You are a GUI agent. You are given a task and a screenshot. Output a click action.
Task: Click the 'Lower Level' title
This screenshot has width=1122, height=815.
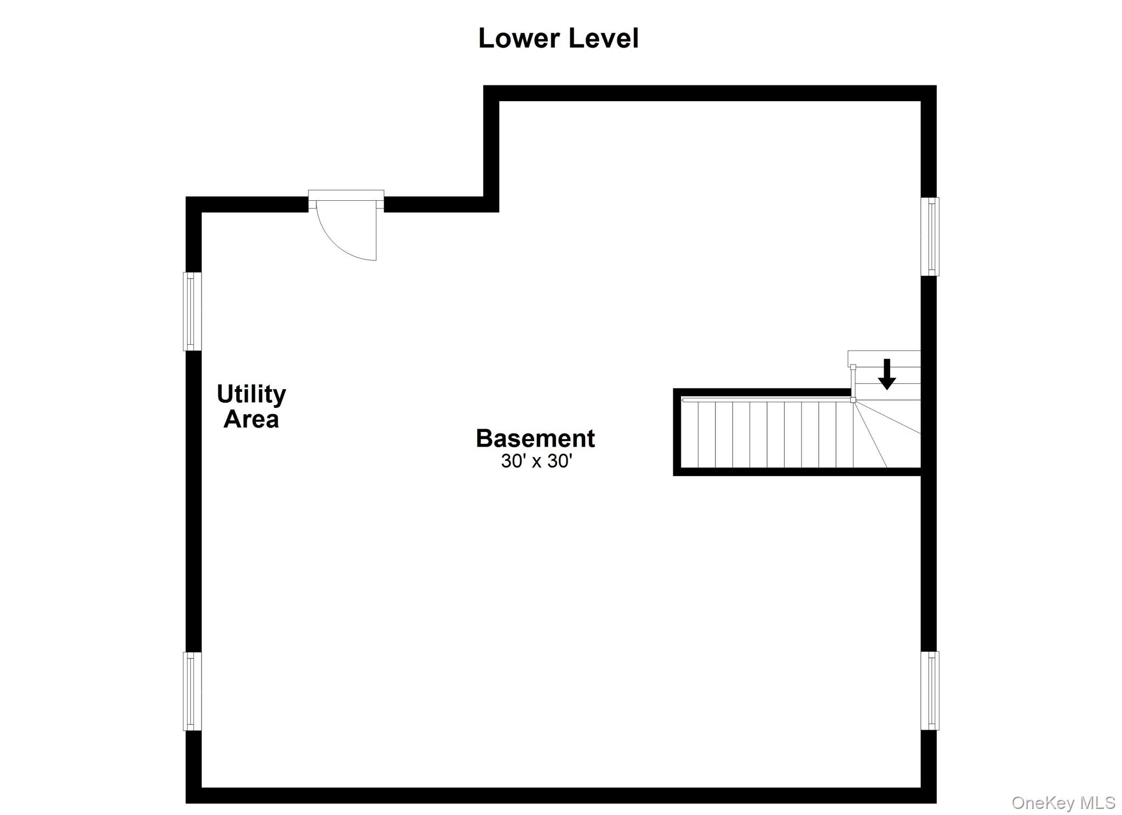pos(558,38)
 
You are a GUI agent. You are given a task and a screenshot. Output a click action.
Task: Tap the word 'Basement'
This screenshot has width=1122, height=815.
pos(535,438)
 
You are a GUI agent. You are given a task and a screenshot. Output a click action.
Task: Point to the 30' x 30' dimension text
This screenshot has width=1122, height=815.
pos(536,461)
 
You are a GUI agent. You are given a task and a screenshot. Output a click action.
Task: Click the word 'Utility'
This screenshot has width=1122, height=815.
pos(251,395)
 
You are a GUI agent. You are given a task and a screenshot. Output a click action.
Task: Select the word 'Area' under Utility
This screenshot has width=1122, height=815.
pos(251,419)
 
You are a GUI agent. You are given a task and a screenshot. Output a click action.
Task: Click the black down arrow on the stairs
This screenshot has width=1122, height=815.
pos(886,374)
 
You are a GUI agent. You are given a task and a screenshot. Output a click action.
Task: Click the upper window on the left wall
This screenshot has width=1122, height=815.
pos(192,311)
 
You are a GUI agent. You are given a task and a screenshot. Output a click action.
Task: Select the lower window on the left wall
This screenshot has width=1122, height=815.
pos(192,691)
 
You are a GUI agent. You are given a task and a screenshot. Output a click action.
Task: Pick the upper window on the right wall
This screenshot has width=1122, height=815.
pos(930,236)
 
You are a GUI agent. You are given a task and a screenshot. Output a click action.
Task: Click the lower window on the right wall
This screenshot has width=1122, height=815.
pos(930,690)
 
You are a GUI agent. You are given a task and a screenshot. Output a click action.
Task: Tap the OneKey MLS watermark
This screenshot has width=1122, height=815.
pos(1063,802)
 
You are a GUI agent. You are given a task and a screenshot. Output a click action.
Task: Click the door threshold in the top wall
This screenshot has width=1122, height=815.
pos(346,195)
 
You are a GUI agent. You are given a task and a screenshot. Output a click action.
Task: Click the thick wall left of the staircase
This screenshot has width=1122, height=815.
pos(677,432)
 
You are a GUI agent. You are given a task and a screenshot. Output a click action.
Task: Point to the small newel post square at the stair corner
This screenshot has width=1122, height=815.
pos(853,400)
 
